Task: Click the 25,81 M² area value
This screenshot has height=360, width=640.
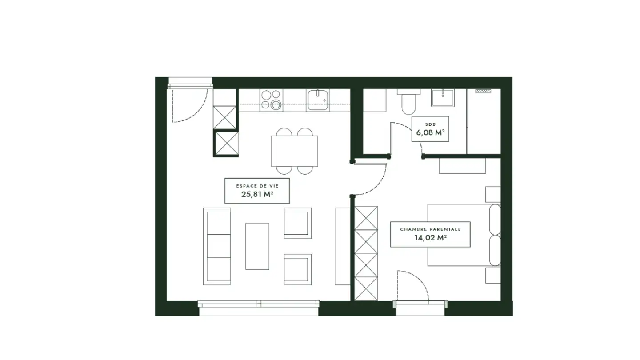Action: [x=257, y=194]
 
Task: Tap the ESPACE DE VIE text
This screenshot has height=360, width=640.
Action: [x=257, y=186]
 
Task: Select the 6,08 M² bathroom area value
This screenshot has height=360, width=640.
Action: [x=430, y=132]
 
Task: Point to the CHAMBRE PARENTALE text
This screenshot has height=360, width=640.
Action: [x=430, y=229]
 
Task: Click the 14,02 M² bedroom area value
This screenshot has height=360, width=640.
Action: [x=430, y=238]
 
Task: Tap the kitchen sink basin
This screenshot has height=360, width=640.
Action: [x=317, y=100]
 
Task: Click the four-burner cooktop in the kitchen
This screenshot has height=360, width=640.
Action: [x=271, y=100]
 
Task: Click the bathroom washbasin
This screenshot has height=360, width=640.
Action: [x=443, y=97]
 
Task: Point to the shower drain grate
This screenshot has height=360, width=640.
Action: [x=483, y=91]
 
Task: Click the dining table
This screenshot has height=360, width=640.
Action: [x=294, y=151]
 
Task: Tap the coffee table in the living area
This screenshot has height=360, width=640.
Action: [x=257, y=246]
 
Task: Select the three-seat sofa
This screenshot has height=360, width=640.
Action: [x=217, y=246]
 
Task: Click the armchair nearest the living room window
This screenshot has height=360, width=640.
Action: [x=297, y=269]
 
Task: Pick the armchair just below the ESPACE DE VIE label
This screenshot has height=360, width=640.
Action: [x=297, y=223]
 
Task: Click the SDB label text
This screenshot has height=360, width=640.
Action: [x=430, y=124]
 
